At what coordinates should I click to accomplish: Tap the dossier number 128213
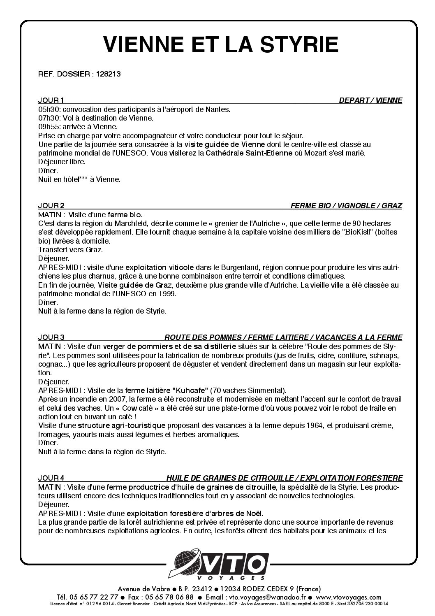pos(108,74)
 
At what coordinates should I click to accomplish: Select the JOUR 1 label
pos(51,100)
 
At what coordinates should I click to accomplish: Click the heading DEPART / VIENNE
pos(370,100)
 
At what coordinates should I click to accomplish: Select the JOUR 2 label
pos(51,206)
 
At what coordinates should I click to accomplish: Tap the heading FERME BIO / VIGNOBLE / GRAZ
pos(346,206)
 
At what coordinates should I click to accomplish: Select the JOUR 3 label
pos(51,337)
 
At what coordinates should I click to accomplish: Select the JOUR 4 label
pos(51,478)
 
